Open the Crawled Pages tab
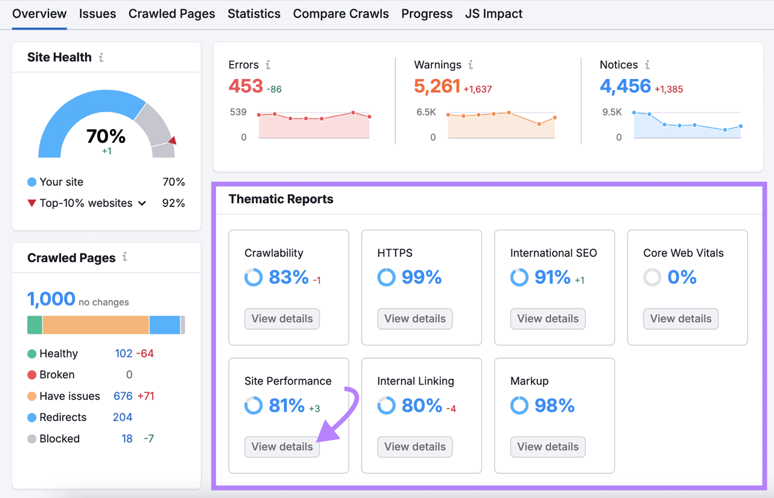click(171, 14)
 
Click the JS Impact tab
click(493, 14)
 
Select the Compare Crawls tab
click(341, 14)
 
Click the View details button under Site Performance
click(282, 447)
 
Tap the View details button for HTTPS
click(415, 319)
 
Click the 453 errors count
click(246, 86)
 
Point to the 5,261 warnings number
click(437, 86)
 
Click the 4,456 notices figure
click(625, 86)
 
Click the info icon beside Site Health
click(101, 58)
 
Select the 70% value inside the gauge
click(106, 136)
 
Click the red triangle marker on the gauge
click(172, 141)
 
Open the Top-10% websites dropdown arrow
click(142, 203)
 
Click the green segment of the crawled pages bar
click(34, 325)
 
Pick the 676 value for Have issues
click(123, 396)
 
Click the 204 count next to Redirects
click(122, 417)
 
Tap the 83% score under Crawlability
click(288, 277)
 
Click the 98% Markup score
click(554, 406)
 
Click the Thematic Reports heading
click(281, 199)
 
